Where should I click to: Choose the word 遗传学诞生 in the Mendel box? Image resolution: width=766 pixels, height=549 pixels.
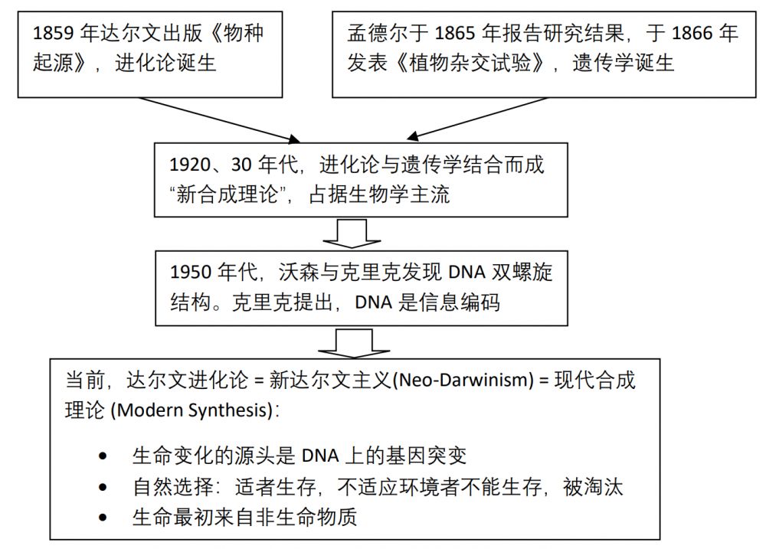click(x=624, y=63)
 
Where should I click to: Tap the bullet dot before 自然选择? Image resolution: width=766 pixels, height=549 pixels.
click(x=104, y=487)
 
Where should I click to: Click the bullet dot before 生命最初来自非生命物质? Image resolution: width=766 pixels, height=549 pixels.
click(x=104, y=518)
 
